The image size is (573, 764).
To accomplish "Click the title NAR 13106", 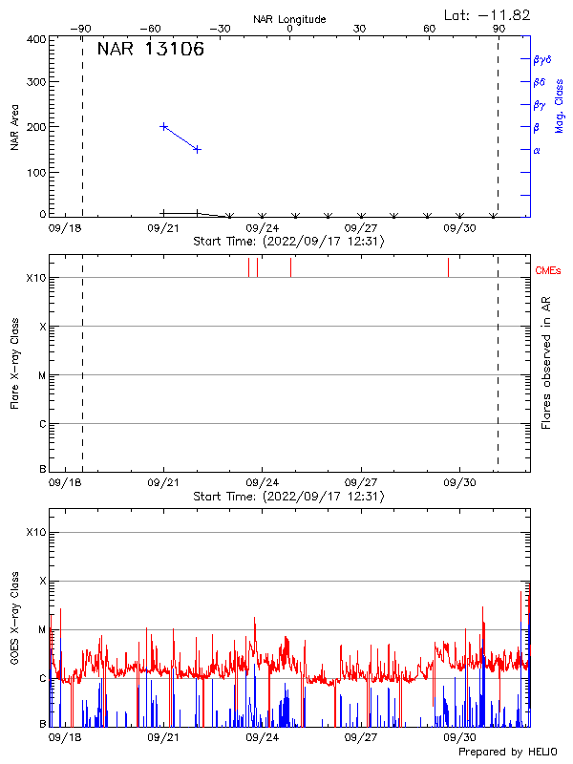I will click(150, 51).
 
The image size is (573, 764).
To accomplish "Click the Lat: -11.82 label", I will click(488, 14).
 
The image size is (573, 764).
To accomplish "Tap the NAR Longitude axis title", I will click(289, 19).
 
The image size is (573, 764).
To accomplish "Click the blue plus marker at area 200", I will click(164, 126).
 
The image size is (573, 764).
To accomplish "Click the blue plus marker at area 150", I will click(197, 149).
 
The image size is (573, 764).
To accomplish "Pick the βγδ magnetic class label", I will click(541, 59).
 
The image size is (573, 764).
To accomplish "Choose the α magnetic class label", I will click(537, 151).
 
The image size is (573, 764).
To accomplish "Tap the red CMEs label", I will click(548, 271).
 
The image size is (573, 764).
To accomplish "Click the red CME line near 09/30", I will click(448, 267).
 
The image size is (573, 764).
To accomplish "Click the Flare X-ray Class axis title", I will click(14, 362).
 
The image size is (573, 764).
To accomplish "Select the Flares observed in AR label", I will click(546, 362).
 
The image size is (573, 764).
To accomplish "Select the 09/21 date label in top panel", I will click(163, 228).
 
